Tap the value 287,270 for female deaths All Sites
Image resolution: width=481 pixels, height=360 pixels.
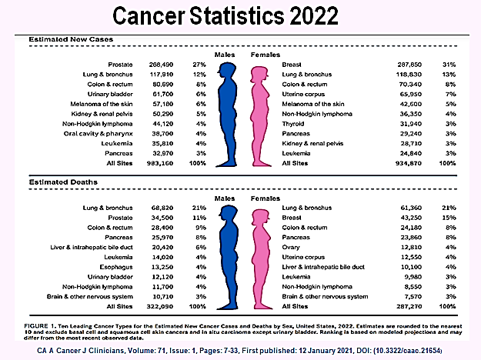coord(389,305)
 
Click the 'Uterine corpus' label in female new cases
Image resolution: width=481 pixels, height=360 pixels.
coord(307,92)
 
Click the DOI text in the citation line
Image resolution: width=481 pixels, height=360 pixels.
coord(413,350)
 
